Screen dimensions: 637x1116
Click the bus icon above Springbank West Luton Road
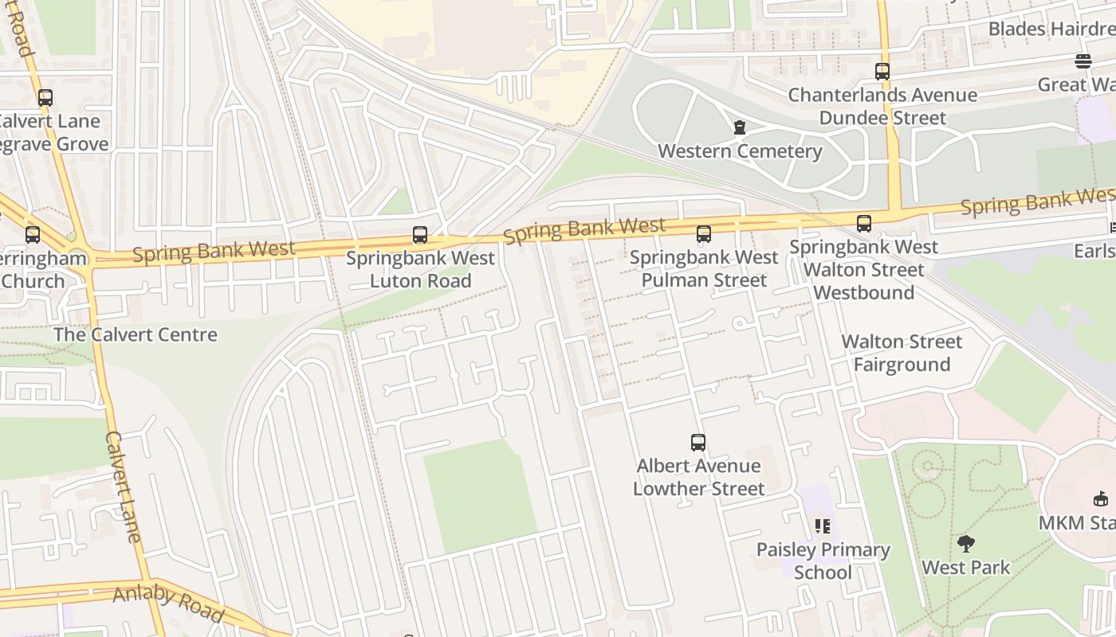pyautogui.click(x=420, y=235)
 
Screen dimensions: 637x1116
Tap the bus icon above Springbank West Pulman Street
pyautogui.click(x=703, y=233)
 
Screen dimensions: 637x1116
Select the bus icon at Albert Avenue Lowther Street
pyautogui.click(x=698, y=442)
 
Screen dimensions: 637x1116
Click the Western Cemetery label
pyautogui.click(x=739, y=151)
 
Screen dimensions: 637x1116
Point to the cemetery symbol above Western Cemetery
pyautogui.click(x=739, y=127)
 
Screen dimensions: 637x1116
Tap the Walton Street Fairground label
pyautogui.click(x=902, y=353)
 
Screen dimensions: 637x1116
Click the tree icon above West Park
pyautogui.click(x=966, y=545)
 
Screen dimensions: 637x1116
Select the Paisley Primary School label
pyautogui.click(x=823, y=561)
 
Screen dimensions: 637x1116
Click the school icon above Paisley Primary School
pyautogui.click(x=823, y=526)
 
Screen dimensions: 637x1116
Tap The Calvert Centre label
pyautogui.click(x=135, y=334)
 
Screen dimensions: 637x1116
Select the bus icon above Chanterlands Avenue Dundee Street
pyautogui.click(x=882, y=71)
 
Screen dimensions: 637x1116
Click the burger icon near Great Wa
pyautogui.click(x=1083, y=61)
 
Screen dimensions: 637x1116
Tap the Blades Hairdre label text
pyautogui.click(x=1051, y=29)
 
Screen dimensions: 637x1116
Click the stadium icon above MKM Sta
pyautogui.click(x=1101, y=499)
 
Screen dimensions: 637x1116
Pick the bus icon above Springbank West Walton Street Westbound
pyautogui.click(x=864, y=224)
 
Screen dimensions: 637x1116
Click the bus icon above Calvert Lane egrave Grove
pyautogui.click(x=45, y=98)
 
